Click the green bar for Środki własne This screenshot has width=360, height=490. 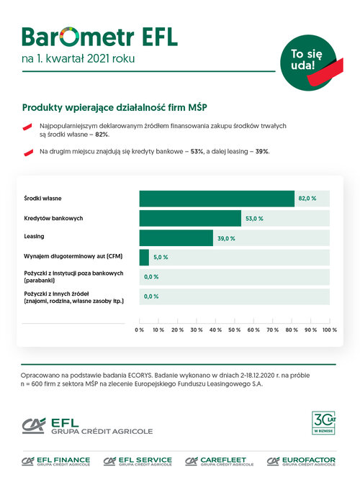[217, 199]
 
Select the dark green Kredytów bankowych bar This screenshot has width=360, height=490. [190, 218]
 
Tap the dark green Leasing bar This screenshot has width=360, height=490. [176, 238]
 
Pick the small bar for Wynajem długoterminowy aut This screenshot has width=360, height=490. [144, 257]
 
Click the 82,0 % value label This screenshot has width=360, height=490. [307, 199]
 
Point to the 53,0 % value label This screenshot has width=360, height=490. [254, 219]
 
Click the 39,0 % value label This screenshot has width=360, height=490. [226, 238]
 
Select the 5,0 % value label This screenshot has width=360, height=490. [161, 257]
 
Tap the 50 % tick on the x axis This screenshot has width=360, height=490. [234, 330]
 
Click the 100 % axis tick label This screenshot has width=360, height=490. [330, 330]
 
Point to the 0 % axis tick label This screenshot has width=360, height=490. [139, 330]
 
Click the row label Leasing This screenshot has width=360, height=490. [34, 236]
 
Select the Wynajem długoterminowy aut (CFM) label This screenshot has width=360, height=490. [73, 256]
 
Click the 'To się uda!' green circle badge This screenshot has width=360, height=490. [308, 63]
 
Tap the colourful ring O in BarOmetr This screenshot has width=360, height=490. [69, 37]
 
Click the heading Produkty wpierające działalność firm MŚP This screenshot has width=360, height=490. [114, 107]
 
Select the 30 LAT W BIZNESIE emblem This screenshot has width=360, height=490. [324, 423]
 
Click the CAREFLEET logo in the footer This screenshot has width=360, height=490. [219, 461]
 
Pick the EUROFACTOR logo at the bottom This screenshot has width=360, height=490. [301, 461]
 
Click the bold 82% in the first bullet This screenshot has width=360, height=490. [102, 135]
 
